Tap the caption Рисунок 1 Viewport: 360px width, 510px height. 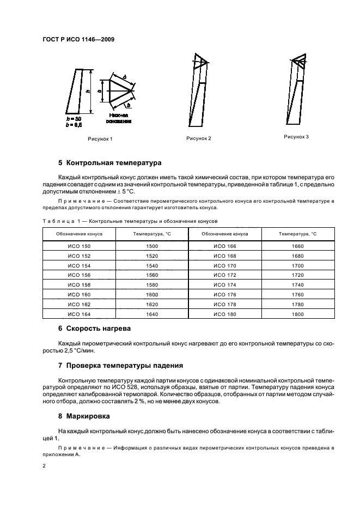pos(100,139)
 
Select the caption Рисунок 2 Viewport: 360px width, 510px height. pos(198,138)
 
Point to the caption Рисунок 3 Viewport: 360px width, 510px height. pos(296,137)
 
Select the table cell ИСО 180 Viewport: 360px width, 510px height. pos(224,314)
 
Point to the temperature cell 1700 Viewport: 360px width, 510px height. pos(297,266)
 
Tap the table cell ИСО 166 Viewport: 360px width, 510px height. pos(224,246)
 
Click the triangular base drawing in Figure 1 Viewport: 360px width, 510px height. pos(118,90)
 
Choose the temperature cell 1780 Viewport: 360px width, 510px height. pos(297,305)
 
